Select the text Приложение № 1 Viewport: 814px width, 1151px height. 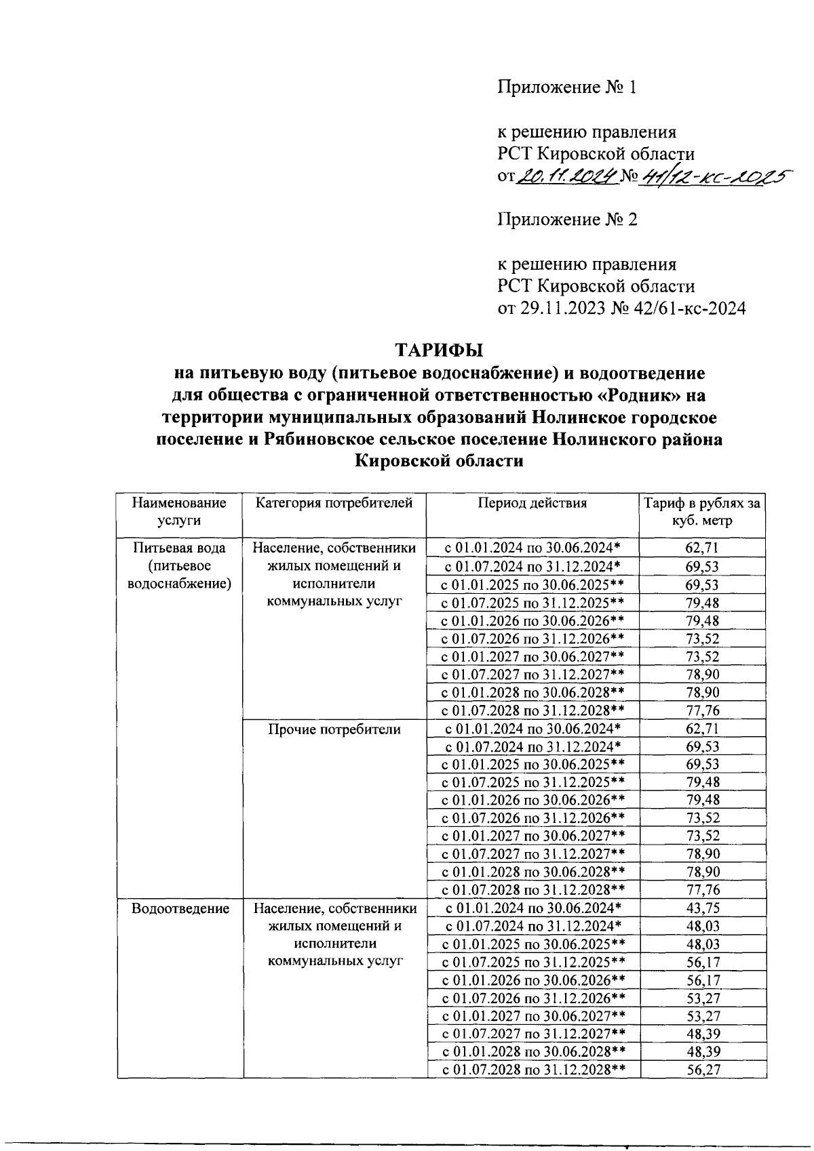pyautogui.click(x=567, y=87)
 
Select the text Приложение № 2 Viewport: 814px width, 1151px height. pyautogui.click(x=567, y=220)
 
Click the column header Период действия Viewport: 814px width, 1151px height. pyautogui.click(x=532, y=503)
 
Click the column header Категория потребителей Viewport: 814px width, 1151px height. pyautogui.click(x=334, y=503)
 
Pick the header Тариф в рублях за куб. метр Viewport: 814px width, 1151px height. pyautogui.click(x=702, y=512)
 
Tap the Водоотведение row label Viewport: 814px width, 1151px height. pyautogui.click(x=180, y=908)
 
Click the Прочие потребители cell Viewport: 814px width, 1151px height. pyautogui.click(x=334, y=729)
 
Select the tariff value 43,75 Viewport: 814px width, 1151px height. pyautogui.click(x=703, y=908)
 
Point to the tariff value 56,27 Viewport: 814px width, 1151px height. pyautogui.click(x=703, y=1070)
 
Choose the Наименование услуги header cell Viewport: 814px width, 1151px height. pyautogui.click(x=179, y=512)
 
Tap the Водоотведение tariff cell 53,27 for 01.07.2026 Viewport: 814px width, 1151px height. pyautogui.click(x=703, y=998)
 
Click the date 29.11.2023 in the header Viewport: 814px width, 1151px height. pyautogui.click(x=562, y=309)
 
